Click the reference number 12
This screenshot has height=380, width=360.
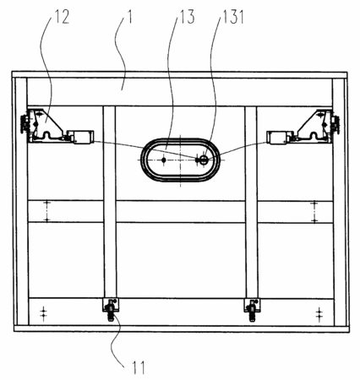point(62,17)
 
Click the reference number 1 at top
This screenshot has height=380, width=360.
point(129,17)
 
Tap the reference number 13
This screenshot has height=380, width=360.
point(188,17)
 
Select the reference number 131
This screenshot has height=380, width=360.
point(233,17)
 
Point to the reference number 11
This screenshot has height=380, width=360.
point(139,367)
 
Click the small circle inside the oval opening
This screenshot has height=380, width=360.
point(204,160)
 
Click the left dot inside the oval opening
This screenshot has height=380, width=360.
point(164,160)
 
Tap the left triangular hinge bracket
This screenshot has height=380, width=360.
point(46,125)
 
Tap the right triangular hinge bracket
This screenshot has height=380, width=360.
point(314,126)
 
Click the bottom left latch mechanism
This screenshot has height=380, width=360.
point(111,308)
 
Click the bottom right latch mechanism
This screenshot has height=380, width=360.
point(252,308)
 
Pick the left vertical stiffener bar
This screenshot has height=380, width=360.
point(110,202)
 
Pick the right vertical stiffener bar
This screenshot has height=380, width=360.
point(251,202)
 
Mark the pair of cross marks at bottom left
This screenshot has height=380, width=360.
point(43,313)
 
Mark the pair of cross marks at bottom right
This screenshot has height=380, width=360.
point(319,313)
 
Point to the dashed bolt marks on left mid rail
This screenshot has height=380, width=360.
point(47,211)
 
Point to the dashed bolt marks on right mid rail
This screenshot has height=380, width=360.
point(314,212)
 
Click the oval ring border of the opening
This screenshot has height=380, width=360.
point(180,138)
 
